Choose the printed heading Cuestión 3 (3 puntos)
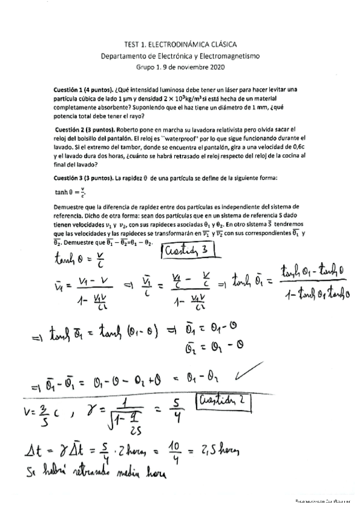coord(84,178)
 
